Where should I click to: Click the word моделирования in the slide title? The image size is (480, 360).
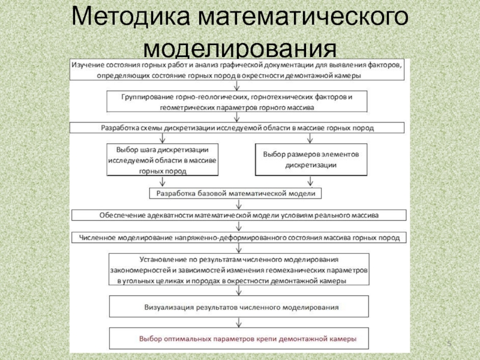240,48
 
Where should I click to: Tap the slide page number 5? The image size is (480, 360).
449,343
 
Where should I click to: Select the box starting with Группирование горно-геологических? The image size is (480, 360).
236,101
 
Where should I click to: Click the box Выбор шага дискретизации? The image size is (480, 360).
162,160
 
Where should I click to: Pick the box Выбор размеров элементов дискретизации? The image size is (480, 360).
311,160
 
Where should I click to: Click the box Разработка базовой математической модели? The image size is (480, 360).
235,193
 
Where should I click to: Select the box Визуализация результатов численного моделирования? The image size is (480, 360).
239,307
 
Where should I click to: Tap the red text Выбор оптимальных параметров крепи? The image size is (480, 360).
248,339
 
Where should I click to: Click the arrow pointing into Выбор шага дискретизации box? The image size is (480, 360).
162,138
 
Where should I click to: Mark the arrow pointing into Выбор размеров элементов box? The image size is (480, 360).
310,138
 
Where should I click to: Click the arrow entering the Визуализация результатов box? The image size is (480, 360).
239,290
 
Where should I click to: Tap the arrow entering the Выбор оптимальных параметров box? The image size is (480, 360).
239,323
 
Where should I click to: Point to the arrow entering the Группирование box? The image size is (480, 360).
236,85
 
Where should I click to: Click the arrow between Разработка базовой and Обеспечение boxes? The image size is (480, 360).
239,204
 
